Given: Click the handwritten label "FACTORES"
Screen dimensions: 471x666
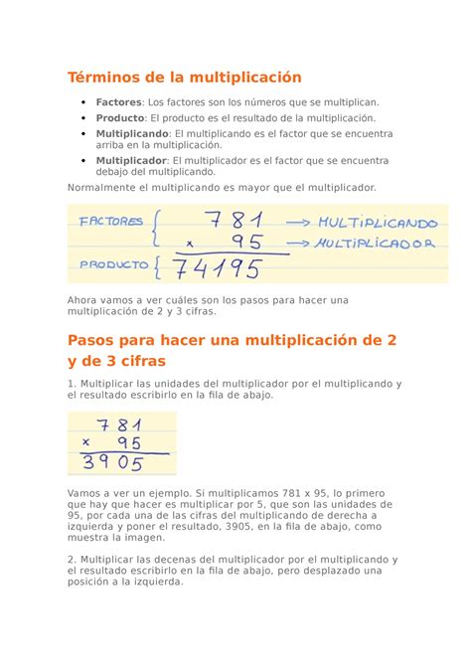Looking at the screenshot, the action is point(110,222).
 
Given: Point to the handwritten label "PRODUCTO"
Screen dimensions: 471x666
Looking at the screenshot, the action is point(110,264).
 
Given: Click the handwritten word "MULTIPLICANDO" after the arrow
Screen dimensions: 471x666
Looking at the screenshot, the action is point(379,222).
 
